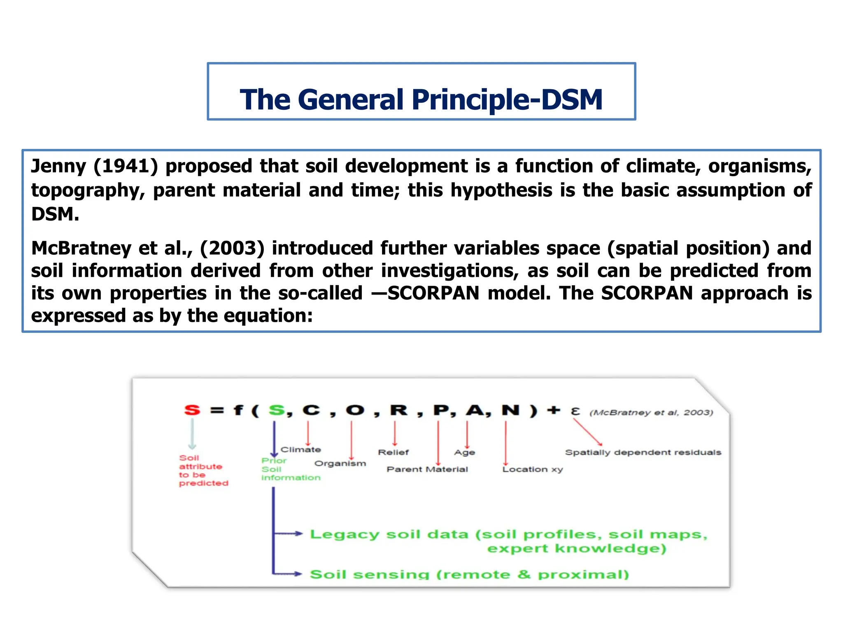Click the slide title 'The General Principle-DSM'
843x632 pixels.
[x=421, y=100]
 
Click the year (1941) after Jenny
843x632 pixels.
[x=126, y=166]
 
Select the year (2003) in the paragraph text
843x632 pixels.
[x=232, y=248]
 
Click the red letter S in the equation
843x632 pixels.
[x=192, y=410]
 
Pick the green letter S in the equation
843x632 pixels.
[x=277, y=410]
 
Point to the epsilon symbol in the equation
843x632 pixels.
[x=575, y=411]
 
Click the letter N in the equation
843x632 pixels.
[x=510, y=410]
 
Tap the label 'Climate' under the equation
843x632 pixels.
[x=300, y=450]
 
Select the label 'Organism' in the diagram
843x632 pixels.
[x=340, y=464]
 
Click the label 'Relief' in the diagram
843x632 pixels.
[x=393, y=453]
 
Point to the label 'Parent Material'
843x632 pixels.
[x=427, y=469]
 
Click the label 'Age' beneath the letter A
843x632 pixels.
[x=464, y=453]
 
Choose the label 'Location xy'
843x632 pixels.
[x=532, y=469]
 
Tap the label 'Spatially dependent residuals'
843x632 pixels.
[x=643, y=453]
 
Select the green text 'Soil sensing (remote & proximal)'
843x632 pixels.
[x=469, y=574]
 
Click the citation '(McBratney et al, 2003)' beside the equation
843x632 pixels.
[x=651, y=413]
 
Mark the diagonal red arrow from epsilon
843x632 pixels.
[x=588, y=432]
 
